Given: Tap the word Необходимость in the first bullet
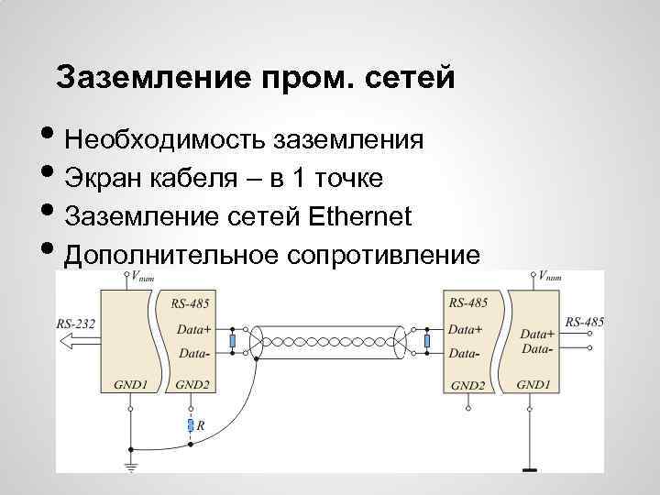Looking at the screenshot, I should click(165, 139).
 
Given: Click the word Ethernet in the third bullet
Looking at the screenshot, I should click(361, 216).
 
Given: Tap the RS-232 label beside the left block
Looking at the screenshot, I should click(75, 323).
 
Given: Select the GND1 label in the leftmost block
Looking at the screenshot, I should click(130, 385).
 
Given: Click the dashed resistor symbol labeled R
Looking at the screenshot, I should click(190, 425).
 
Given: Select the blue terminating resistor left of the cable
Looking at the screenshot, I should click(233, 342).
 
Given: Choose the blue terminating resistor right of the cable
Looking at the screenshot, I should click(426, 342).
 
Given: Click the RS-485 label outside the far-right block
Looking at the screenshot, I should click(584, 322).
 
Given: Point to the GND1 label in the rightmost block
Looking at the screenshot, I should click(533, 385).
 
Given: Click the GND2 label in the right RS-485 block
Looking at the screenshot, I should click(467, 386).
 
